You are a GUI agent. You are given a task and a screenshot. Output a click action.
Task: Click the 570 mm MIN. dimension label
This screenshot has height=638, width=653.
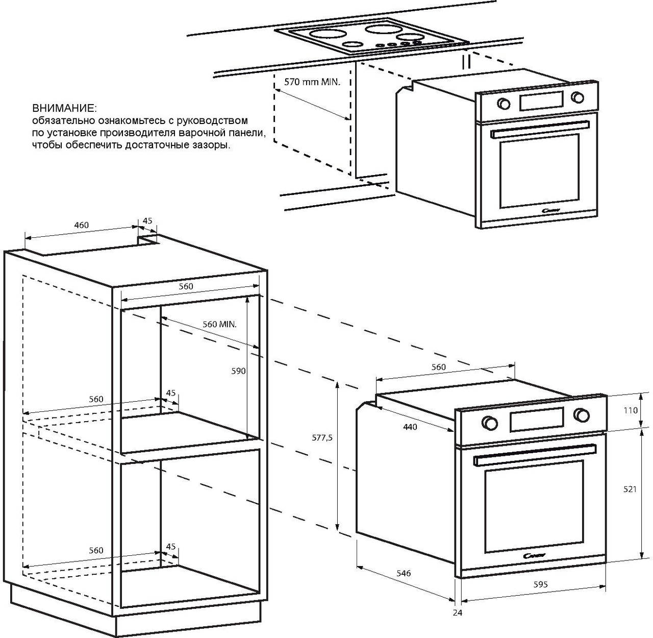tap(312, 82)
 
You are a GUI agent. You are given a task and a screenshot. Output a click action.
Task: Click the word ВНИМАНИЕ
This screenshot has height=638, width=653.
tap(64, 109)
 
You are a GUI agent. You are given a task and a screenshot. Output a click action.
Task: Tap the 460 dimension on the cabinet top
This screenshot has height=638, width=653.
tap(81, 225)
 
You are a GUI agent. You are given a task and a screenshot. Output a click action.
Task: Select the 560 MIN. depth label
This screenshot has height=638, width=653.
tap(219, 324)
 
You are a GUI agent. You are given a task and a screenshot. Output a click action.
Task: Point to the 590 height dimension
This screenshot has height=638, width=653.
tap(239, 371)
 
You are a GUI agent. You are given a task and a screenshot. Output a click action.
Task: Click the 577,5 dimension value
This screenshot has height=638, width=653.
tap(322, 437)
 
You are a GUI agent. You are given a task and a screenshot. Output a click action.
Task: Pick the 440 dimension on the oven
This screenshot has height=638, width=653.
tap(410, 427)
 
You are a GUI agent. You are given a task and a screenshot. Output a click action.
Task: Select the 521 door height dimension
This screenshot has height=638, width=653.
tap(630, 489)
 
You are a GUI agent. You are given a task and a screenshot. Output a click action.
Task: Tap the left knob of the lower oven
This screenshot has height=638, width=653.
tap(489, 423)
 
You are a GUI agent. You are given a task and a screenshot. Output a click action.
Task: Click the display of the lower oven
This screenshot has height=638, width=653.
tap(536, 419)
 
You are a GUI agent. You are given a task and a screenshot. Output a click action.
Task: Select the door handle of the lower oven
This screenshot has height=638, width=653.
tap(535, 455)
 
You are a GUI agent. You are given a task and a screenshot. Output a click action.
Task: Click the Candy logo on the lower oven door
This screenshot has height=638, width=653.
tap(535, 555)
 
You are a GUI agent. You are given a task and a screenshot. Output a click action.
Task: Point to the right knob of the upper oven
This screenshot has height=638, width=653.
tap(577, 97)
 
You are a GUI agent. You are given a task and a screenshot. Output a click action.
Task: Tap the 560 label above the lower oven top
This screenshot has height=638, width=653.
tap(438, 367)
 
